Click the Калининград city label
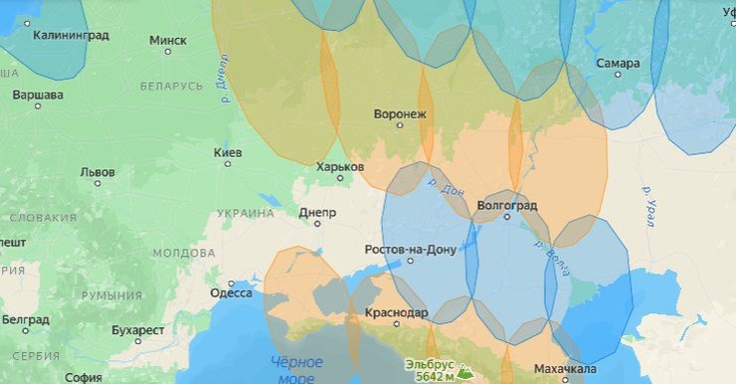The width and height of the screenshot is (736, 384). tap(71, 35)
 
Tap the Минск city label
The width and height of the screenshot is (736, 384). tap(167, 41)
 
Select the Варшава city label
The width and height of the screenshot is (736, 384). tap(38, 96)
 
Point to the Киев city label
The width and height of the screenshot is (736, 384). tap(227, 153)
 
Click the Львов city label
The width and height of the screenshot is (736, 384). tap(96, 172)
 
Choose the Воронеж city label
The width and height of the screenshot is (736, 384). tap(400, 114)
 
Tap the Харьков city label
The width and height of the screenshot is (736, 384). tap(339, 167)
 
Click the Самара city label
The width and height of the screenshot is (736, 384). tap(618, 64)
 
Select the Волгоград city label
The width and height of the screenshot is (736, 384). tap(507, 206)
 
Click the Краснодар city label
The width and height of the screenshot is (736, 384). tap(396, 313)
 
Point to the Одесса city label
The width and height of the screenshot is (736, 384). tap(231, 293)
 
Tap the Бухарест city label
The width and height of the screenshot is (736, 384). tap(137, 330)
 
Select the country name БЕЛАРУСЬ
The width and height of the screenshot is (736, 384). tap(171, 87)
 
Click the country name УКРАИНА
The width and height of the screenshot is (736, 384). tap(245, 213)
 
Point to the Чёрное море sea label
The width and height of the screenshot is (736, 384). tap(296, 369)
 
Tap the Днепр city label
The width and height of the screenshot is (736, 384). tap(317, 213)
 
